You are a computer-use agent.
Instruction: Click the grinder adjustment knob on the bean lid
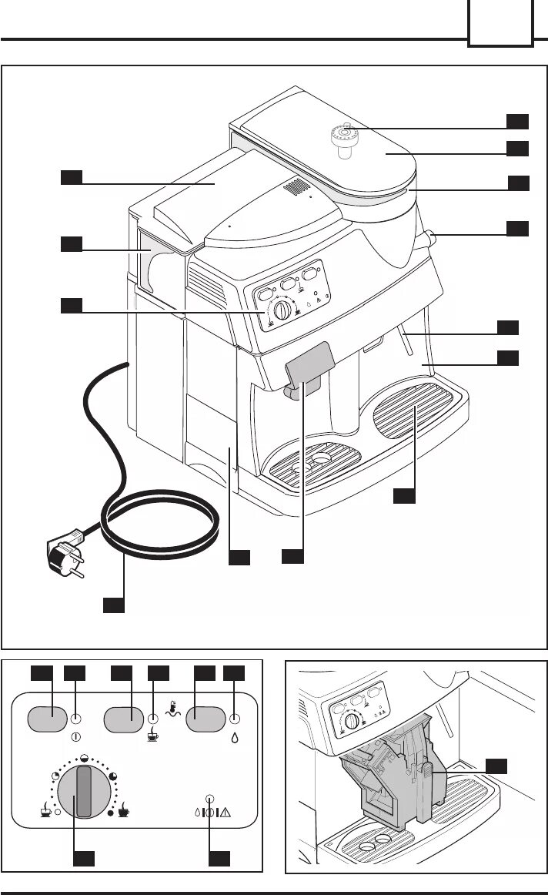click(346, 139)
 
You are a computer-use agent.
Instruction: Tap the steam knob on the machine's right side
click(428, 237)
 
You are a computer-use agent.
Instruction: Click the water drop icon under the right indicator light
click(234, 737)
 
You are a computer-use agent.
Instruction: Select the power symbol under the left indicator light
click(75, 736)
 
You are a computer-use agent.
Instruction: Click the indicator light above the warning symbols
click(209, 798)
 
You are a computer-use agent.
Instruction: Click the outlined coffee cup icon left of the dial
click(46, 812)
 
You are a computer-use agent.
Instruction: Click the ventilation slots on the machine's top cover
click(296, 187)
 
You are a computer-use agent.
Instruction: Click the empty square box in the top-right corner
click(500, 23)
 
